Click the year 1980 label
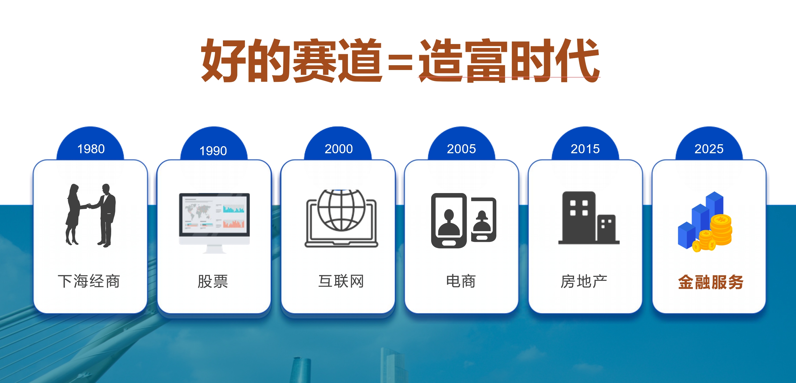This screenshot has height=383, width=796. [91, 149]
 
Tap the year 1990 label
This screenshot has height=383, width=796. [213, 151]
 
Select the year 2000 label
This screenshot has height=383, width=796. [339, 149]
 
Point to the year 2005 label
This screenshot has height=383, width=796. [461, 149]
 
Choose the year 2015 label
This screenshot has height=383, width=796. [585, 149]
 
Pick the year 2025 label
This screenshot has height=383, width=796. [709, 149]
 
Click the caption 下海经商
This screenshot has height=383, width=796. [89, 281]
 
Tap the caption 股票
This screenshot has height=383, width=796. [213, 282]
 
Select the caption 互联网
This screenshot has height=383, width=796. [341, 281]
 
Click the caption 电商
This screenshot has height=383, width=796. [461, 281]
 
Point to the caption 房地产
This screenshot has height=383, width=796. [584, 282]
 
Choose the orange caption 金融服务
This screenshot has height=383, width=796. [711, 282]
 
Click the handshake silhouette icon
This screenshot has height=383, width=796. [91, 215]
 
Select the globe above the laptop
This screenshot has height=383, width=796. [341, 210]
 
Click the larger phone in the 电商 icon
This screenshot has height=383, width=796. [449, 220]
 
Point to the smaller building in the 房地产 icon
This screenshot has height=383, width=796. [606, 228]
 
